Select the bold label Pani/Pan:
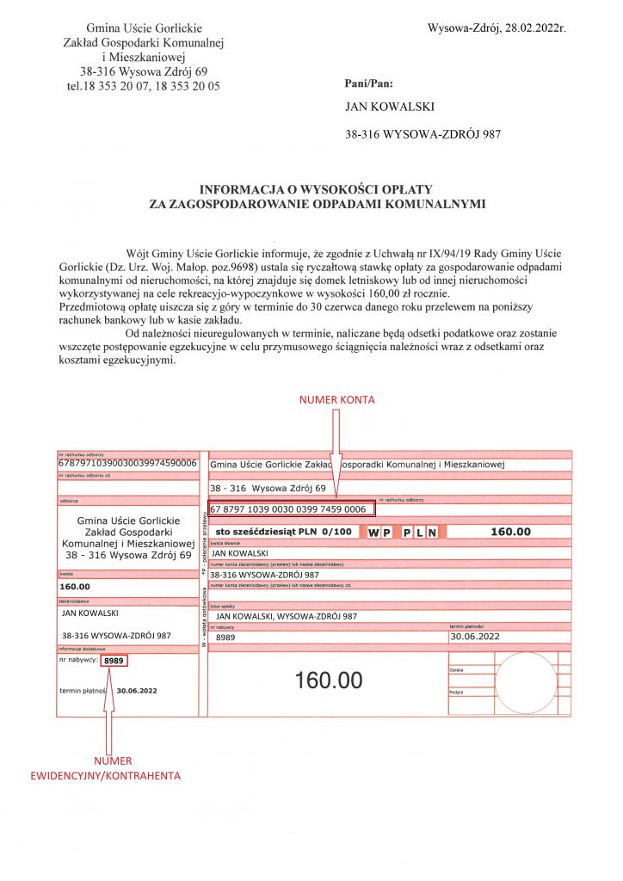[367, 84]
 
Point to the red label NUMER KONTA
[336, 401]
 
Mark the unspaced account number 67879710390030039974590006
[127, 464]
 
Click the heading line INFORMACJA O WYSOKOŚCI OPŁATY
[316, 189]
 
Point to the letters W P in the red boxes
[379, 533]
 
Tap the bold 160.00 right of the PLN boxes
[510, 532]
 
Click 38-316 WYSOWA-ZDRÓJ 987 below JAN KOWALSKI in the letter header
[422, 135]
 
